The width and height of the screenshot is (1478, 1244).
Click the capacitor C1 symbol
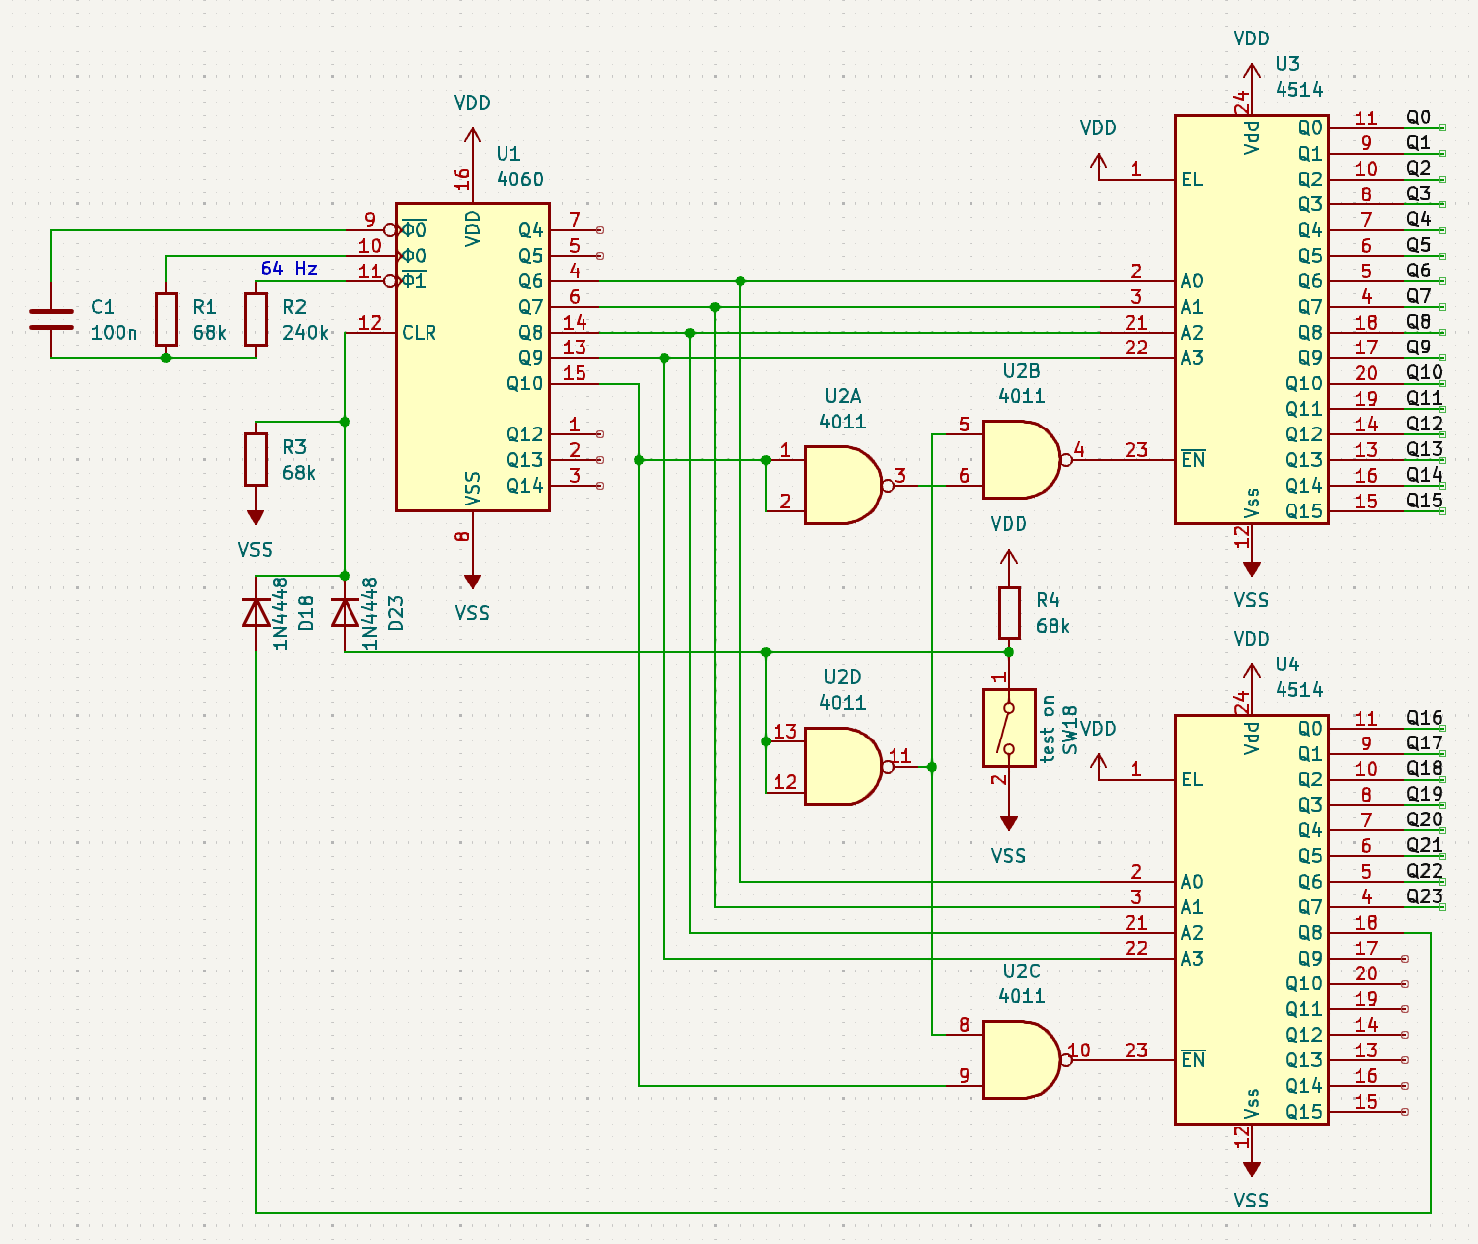click(x=51, y=318)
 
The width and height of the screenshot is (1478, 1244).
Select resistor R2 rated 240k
click(x=256, y=319)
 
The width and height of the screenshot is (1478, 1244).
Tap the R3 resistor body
click(x=256, y=459)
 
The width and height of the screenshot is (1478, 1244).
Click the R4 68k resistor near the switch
click(x=1008, y=613)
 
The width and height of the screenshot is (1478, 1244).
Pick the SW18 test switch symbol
click(x=1008, y=728)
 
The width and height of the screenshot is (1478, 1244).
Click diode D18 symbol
click(x=256, y=614)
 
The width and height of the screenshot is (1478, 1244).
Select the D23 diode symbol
click(x=345, y=614)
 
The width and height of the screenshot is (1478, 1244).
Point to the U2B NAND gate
click(x=1020, y=459)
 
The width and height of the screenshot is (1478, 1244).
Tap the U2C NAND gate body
click(x=1020, y=1059)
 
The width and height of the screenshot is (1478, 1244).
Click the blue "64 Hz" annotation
click(x=288, y=269)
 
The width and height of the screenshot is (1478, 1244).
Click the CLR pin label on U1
click(x=420, y=333)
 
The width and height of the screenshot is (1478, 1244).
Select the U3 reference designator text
click(x=1287, y=64)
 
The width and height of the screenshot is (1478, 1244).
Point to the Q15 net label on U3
click(x=1425, y=500)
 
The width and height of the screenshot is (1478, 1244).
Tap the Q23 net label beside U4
click(x=1425, y=896)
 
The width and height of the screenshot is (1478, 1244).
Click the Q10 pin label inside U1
click(x=525, y=383)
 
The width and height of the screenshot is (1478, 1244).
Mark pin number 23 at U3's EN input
click(x=1136, y=450)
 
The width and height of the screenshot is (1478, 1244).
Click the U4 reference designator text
click(x=1287, y=664)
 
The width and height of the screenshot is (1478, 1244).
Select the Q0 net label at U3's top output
click(x=1419, y=117)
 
